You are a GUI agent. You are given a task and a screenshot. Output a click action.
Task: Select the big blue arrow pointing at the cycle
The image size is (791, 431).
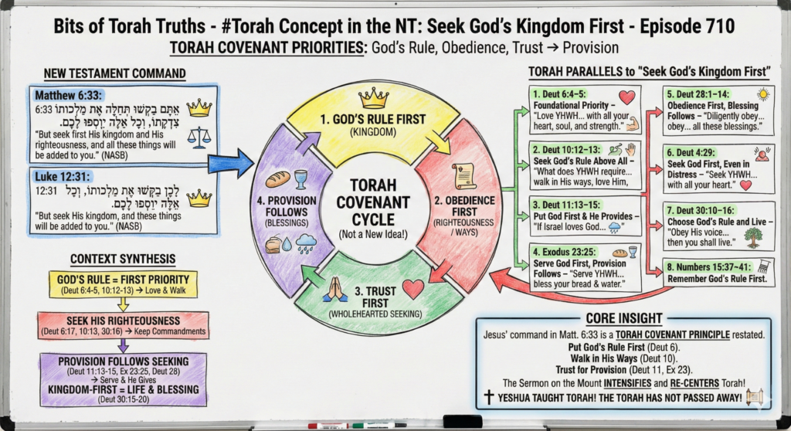pyautogui.click(x=231, y=163)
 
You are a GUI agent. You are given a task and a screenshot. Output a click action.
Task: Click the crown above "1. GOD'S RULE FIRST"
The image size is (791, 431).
pyautogui.click(x=374, y=97)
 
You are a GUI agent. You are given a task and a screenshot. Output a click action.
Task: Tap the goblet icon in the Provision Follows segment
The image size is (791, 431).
pyautogui.click(x=300, y=178)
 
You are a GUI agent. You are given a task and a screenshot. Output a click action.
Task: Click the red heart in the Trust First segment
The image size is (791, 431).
pyautogui.click(x=413, y=288)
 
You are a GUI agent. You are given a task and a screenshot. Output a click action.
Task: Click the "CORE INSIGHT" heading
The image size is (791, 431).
pyautogui.click(x=623, y=318)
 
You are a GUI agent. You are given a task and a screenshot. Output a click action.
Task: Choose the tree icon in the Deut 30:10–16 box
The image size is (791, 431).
pyautogui.click(x=755, y=236)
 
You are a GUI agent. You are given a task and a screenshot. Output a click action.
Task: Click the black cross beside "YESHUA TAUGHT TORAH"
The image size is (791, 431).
pyautogui.click(x=488, y=397)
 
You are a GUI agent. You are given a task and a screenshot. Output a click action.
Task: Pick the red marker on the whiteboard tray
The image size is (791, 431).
pyautogui.click(x=328, y=426)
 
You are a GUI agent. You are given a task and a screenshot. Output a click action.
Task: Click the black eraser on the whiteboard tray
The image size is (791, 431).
pyautogui.click(x=462, y=422)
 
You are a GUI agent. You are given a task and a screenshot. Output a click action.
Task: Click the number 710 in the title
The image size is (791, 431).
pyautogui.click(x=714, y=26)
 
